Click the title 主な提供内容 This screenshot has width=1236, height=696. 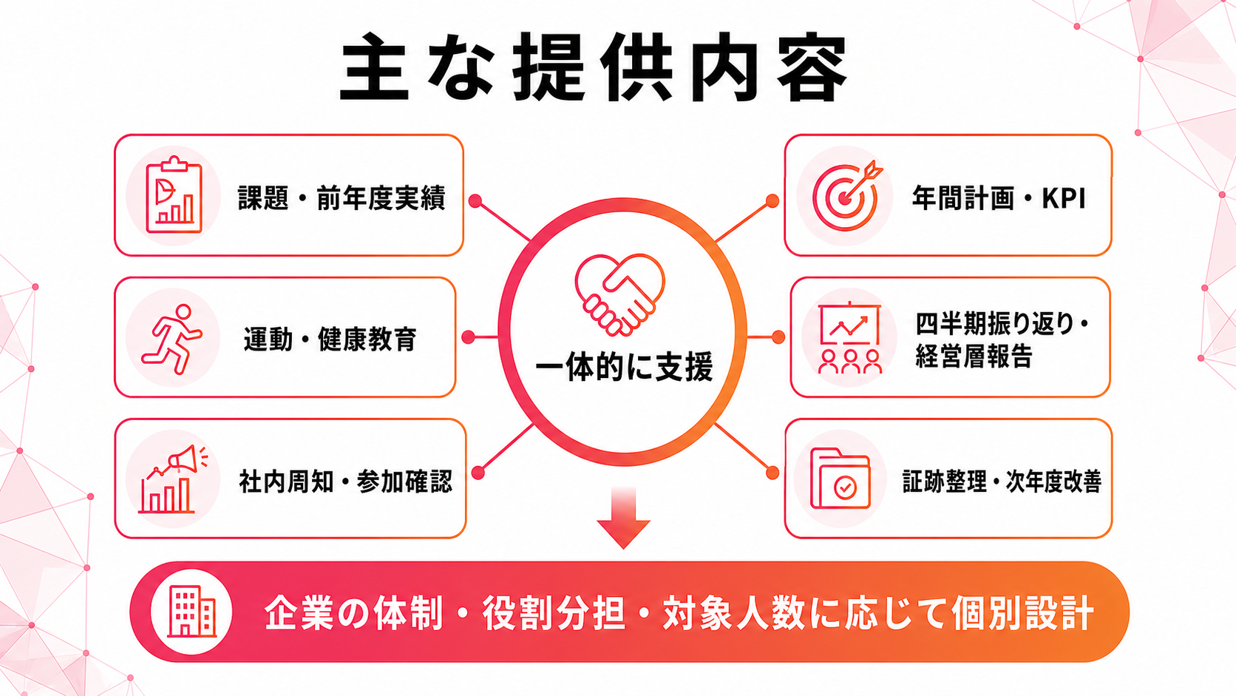[594, 67]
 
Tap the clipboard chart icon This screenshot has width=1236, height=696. [174, 195]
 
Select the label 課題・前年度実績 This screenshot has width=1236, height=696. [342, 198]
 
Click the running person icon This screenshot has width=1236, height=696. [172, 339]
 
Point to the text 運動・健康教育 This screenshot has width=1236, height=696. [330, 339]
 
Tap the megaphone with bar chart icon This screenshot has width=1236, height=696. [173, 479]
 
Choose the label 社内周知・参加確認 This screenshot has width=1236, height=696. [346, 482]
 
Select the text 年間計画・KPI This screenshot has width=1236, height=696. [999, 198]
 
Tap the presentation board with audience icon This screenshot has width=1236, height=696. [850, 338]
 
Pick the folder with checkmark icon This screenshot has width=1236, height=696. [841, 479]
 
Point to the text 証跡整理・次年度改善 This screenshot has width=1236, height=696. [1002, 482]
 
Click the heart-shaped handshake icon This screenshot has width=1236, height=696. [620, 294]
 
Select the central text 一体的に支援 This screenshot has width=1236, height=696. [624, 366]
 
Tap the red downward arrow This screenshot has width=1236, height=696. [623, 518]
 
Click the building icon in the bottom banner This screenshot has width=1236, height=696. [191, 612]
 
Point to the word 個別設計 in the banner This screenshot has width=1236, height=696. [1022, 612]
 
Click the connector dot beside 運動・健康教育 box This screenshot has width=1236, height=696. [469, 337]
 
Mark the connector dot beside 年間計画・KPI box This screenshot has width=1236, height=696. [772, 201]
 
